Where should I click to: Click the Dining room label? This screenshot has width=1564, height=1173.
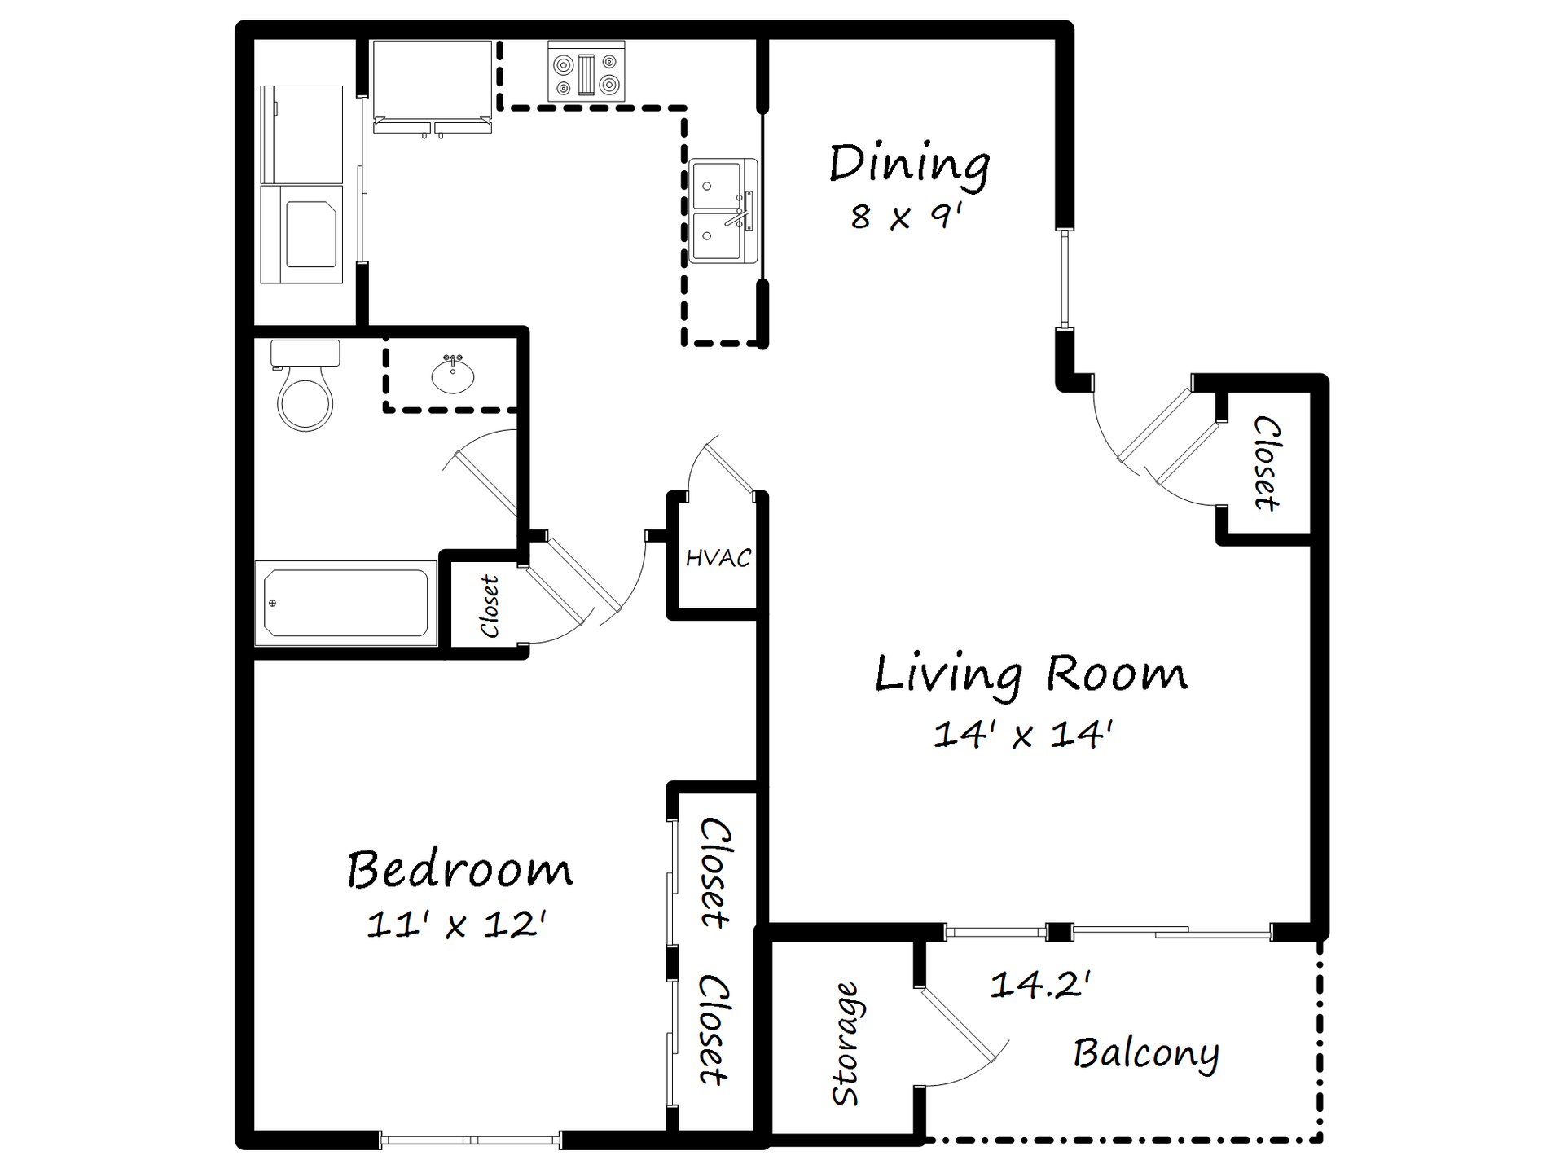pyautogui.click(x=909, y=165)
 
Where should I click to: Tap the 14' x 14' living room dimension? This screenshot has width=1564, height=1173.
pyautogui.click(x=1022, y=734)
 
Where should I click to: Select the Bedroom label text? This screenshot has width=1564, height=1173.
pyautogui.click(x=459, y=870)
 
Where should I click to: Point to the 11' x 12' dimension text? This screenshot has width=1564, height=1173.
pyautogui.click(x=456, y=925)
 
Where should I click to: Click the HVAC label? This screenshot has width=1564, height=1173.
pyautogui.click(x=718, y=558)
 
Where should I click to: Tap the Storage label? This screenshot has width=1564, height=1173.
pyautogui.click(x=845, y=1043)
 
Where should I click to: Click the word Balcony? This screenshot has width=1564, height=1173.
pyautogui.click(x=1146, y=1054)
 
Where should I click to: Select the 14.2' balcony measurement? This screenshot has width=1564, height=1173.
pyautogui.click(x=1040, y=985)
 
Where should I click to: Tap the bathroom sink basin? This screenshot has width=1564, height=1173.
pyautogui.click(x=453, y=376)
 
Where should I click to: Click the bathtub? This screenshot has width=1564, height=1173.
pyautogui.click(x=345, y=604)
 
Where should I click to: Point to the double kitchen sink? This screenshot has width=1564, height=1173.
pyautogui.click(x=721, y=211)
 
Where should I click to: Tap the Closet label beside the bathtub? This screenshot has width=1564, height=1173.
pyautogui.click(x=489, y=607)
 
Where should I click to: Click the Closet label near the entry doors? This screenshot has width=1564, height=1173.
pyautogui.click(x=1267, y=463)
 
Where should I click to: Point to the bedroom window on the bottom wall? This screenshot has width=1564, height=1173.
pyautogui.click(x=470, y=1140)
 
